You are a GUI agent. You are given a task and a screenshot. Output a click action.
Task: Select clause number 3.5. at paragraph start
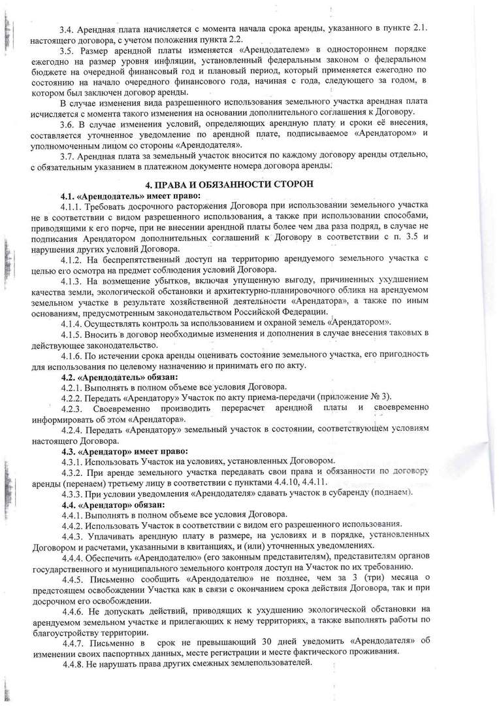(67, 50)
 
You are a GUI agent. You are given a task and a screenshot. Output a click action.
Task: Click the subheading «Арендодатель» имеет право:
(131, 195)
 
